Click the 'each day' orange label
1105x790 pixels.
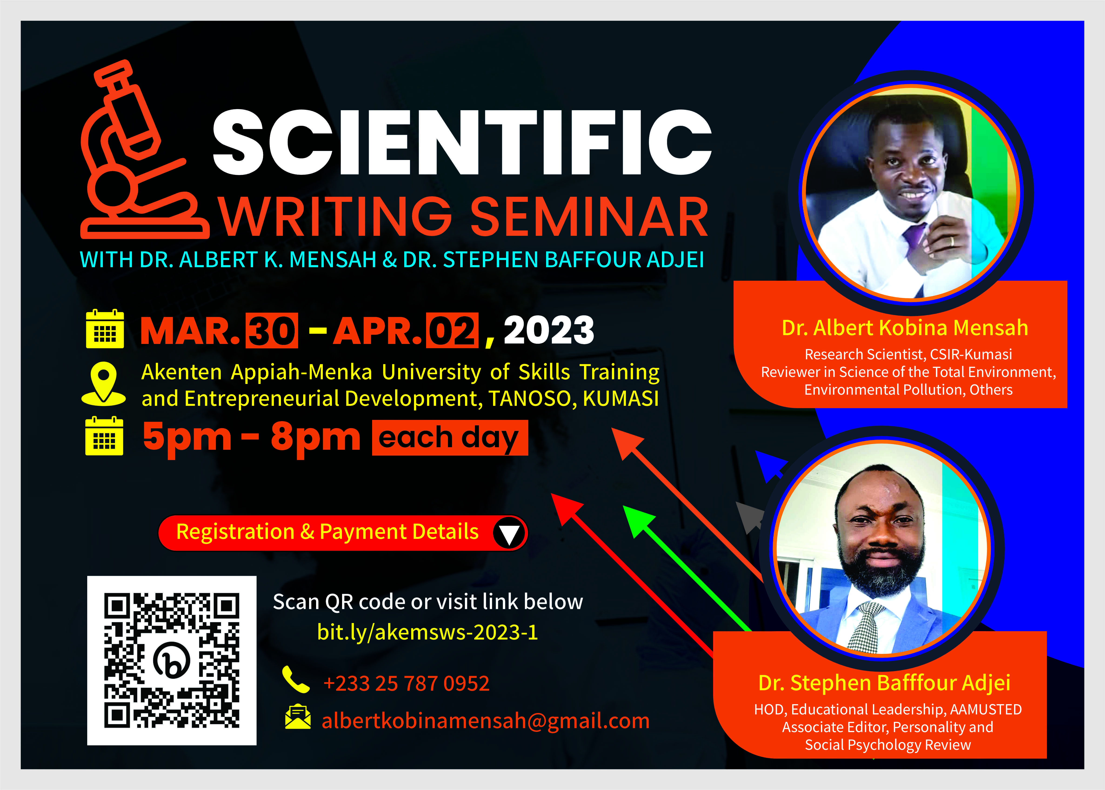click(x=450, y=438)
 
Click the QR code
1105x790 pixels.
click(x=172, y=660)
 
